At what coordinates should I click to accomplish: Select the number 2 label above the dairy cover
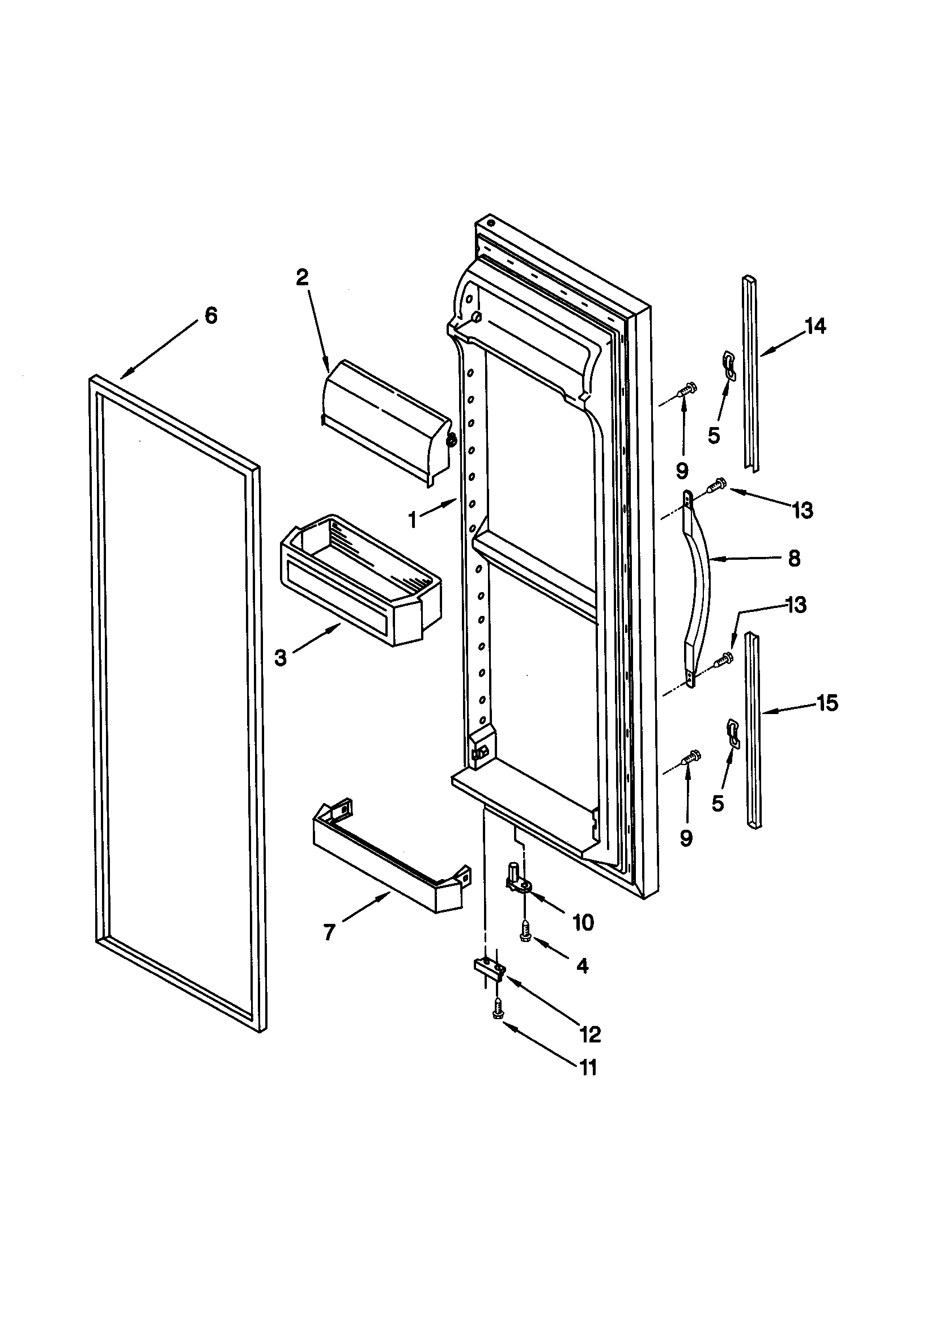(x=303, y=278)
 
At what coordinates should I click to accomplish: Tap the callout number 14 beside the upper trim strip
(x=815, y=326)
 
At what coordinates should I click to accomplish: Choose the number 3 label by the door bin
(x=281, y=657)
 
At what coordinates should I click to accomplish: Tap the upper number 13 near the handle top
(x=803, y=510)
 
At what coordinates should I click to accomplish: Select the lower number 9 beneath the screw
(x=685, y=838)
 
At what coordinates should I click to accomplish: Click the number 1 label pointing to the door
(x=412, y=520)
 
